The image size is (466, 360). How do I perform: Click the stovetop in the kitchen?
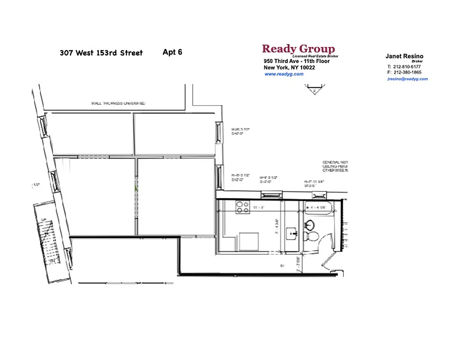tap(243, 207)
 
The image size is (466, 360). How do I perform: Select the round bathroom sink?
tap(310, 224)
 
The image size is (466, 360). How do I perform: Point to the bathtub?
tap(320, 208)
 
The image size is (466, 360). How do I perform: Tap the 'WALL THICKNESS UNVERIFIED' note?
tap(118, 103)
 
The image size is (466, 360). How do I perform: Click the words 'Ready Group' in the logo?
tap(298, 49)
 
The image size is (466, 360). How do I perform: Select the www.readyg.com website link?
tap(284, 74)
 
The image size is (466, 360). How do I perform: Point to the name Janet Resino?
tap(404, 56)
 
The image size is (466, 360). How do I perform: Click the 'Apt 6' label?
tap(172, 52)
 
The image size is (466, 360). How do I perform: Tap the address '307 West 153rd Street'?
tap(101, 53)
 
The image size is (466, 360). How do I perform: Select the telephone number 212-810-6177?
tap(407, 67)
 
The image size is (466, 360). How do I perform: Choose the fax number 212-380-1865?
tap(407, 72)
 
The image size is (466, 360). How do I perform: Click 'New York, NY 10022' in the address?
tap(289, 67)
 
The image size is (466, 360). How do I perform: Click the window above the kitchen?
tap(272, 195)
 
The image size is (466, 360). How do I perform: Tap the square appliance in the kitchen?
tap(249, 242)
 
